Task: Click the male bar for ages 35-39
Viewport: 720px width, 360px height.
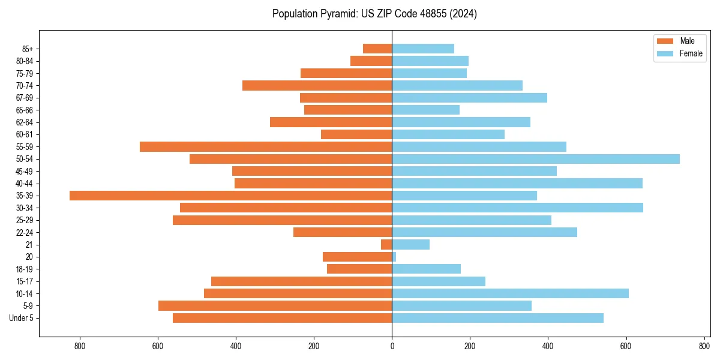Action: (x=231, y=196)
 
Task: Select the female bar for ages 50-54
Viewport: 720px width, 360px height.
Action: (x=536, y=159)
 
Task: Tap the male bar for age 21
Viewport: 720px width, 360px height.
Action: (x=386, y=245)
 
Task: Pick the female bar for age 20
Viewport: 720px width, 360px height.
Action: (x=394, y=257)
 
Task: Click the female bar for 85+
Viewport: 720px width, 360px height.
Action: (x=423, y=49)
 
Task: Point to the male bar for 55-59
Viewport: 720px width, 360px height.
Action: (x=266, y=146)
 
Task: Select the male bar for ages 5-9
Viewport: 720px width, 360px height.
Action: (x=275, y=305)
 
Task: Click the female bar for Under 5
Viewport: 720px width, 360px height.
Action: (x=497, y=318)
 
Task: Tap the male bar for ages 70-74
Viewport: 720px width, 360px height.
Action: (x=317, y=85)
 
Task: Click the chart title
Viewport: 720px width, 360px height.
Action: (x=374, y=14)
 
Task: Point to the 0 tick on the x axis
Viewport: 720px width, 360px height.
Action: (x=392, y=346)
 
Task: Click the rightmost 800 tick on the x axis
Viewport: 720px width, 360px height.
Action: (x=704, y=346)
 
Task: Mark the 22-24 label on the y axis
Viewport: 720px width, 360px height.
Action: (x=25, y=233)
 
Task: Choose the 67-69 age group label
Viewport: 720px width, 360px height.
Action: (x=25, y=98)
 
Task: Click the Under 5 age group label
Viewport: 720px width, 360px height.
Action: (x=22, y=318)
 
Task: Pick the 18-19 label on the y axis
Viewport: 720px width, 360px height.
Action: (x=25, y=269)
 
